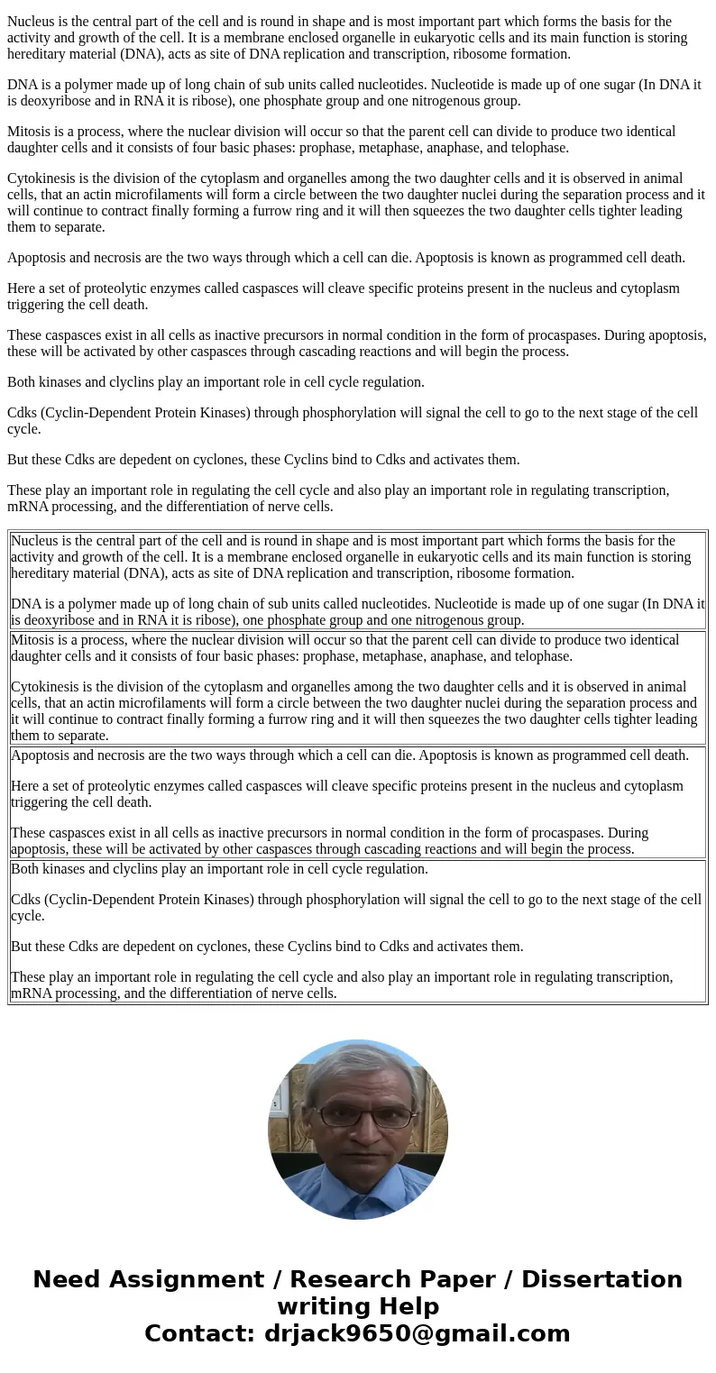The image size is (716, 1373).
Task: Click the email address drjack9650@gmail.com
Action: tap(417, 1333)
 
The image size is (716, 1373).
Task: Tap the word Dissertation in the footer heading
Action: tap(601, 1279)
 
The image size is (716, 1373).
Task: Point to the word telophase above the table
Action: tap(535, 148)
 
